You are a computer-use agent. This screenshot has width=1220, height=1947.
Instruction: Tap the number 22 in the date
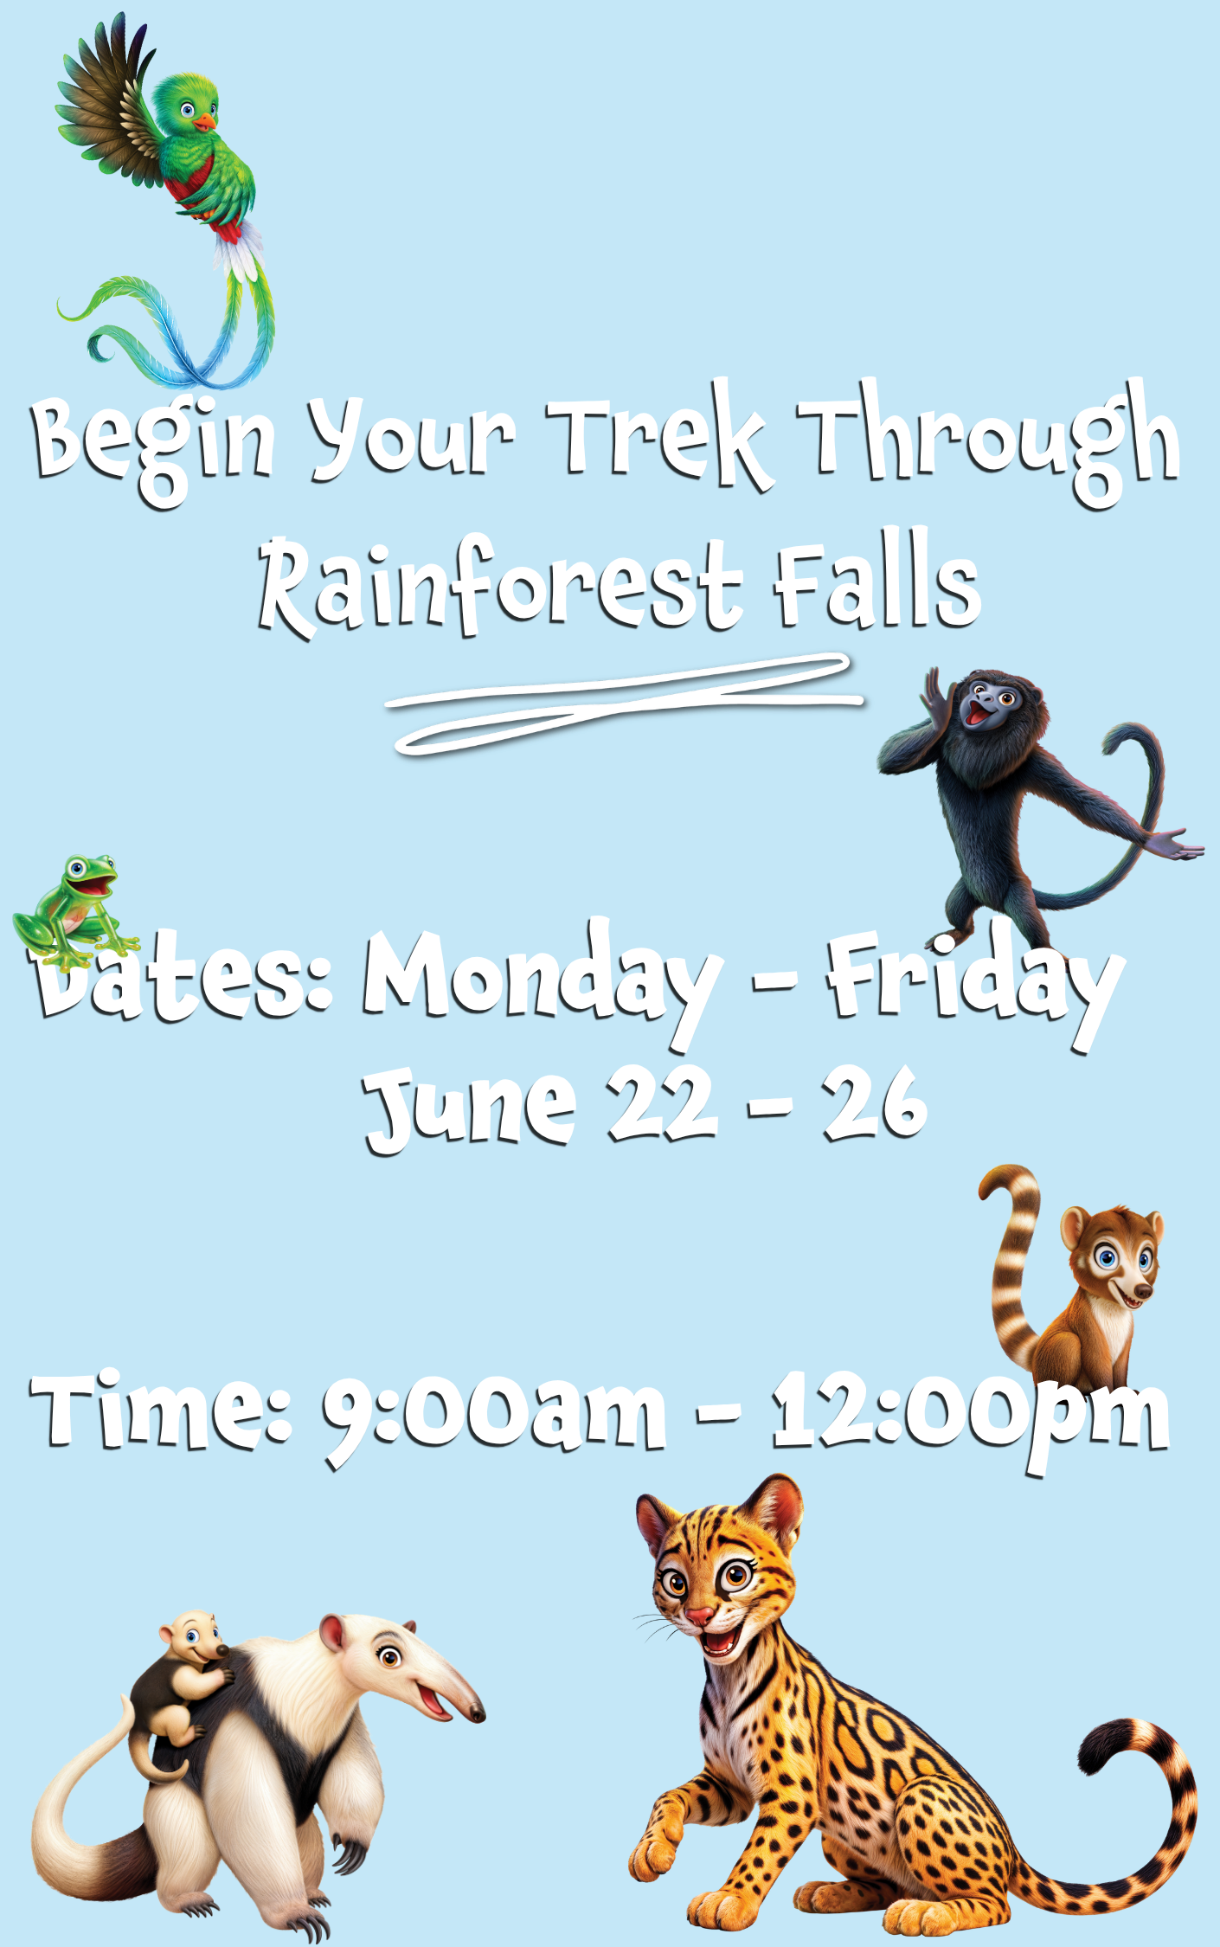pyautogui.click(x=662, y=1103)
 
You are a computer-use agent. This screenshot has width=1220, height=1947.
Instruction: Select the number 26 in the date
pyautogui.click(x=875, y=1103)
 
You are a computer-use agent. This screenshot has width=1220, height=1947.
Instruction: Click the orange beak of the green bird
pyautogui.click(x=204, y=122)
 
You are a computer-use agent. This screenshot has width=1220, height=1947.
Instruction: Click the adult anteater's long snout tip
pyautogui.click(x=477, y=1712)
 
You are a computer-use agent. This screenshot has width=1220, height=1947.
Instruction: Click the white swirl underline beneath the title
pyautogui.click(x=623, y=703)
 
